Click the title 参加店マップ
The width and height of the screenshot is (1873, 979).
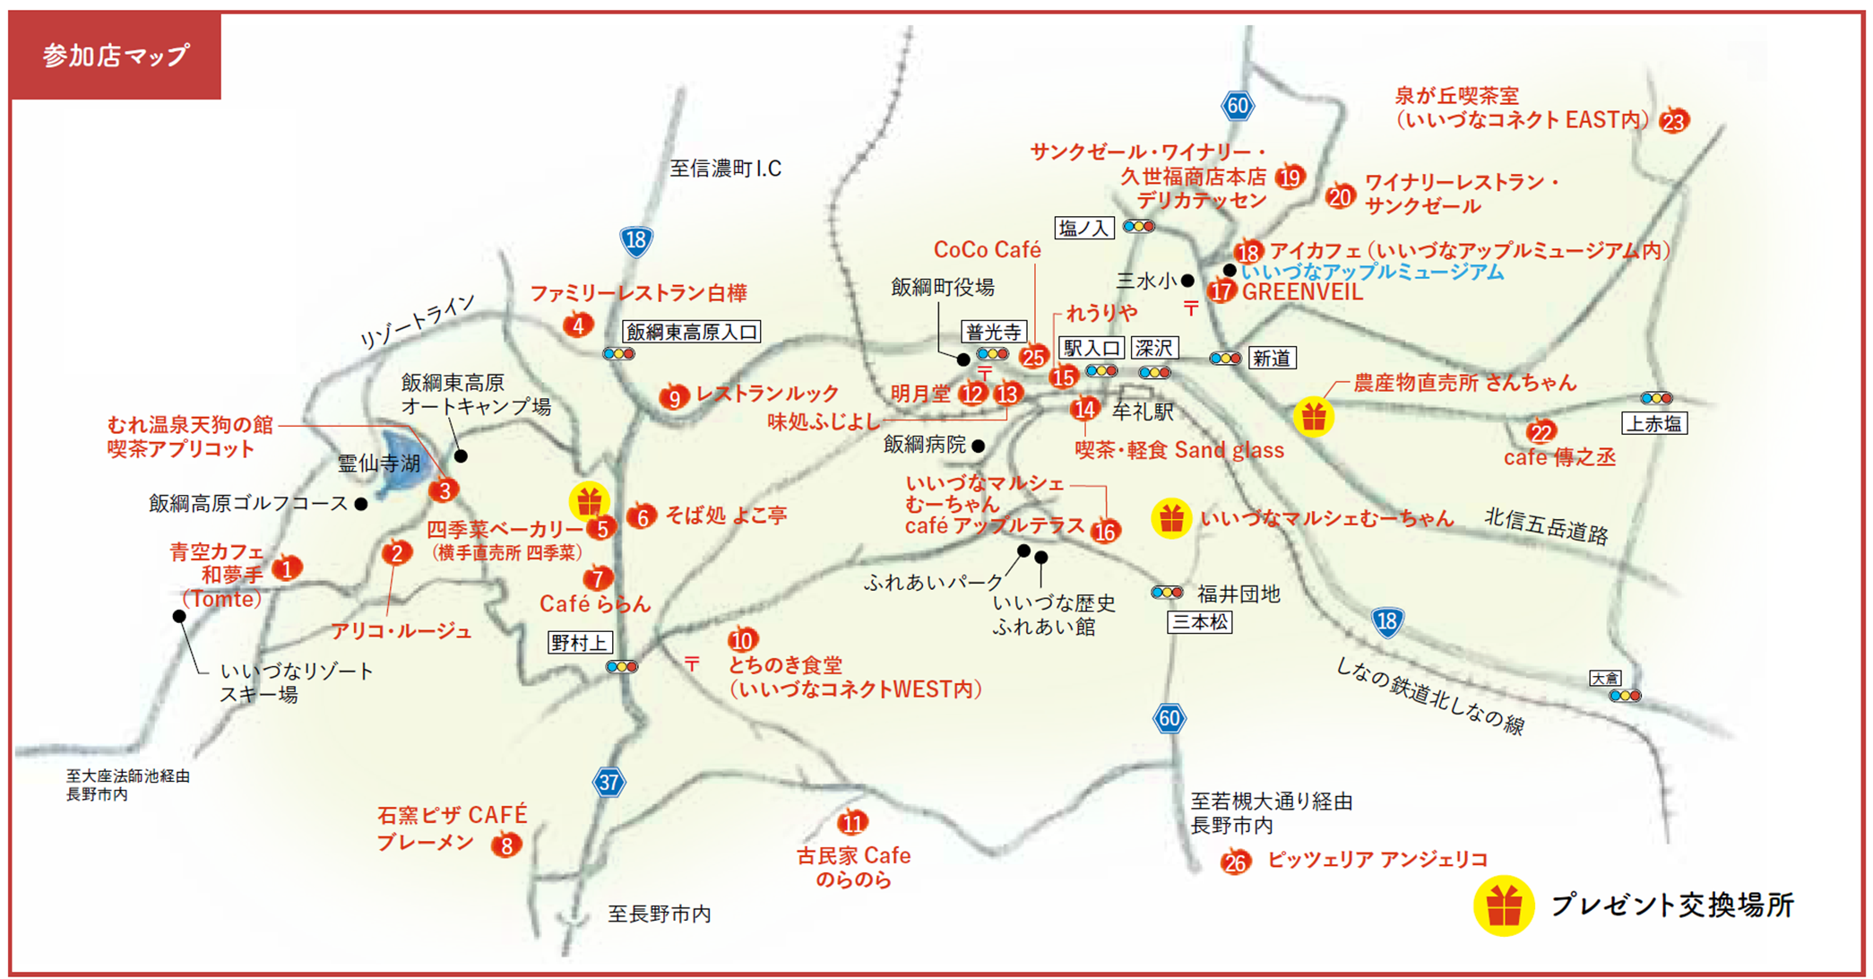click(x=116, y=56)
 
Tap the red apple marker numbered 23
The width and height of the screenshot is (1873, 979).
click(x=1673, y=121)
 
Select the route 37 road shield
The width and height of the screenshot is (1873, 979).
click(x=609, y=782)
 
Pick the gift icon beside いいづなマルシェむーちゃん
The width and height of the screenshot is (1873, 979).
click(x=1170, y=518)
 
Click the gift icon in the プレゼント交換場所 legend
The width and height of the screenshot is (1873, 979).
click(x=1504, y=906)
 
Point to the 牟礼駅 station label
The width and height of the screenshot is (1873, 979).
click(x=1143, y=412)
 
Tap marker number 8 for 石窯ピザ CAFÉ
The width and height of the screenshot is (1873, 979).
click(x=506, y=845)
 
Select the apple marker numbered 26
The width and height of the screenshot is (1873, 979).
click(x=1235, y=862)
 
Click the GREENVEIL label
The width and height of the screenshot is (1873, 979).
click(x=1302, y=292)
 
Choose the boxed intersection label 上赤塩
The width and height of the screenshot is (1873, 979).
click(x=1654, y=423)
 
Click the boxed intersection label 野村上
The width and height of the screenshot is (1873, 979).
click(x=580, y=643)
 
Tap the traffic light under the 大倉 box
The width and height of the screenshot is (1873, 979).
click(x=1625, y=696)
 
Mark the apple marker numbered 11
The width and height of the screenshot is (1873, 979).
click(x=852, y=823)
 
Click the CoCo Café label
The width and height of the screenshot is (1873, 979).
click(x=987, y=249)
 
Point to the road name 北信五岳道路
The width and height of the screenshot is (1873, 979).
click(x=1546, y=526)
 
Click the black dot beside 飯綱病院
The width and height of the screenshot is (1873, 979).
click(x=978, y=446)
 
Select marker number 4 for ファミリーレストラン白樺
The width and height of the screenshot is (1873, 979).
click(x=578, y=325)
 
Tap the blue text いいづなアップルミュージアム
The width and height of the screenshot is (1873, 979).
click(x=1372, y=272)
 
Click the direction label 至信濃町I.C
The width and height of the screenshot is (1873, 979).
click(x=725, y=169)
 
